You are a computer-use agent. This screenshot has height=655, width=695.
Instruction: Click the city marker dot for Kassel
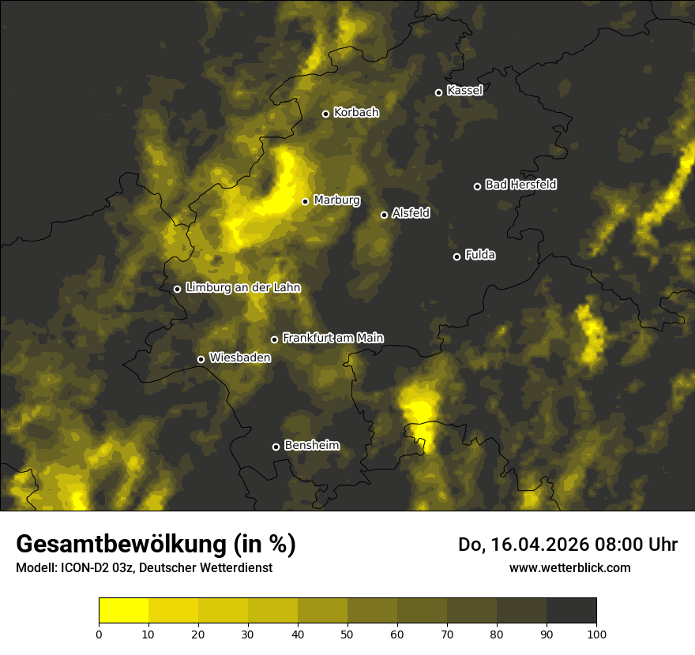click(x=438, y=92)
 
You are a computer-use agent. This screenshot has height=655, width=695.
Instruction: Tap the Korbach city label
click(x=356, y=113)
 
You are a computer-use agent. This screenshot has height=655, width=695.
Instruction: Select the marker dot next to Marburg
click(x=305, y=201)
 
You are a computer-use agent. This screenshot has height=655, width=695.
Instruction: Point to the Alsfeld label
click(x=411, y=213)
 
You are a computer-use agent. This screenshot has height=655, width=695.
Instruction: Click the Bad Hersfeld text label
click(x=520, y=185)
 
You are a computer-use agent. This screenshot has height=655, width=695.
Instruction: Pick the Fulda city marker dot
click(x=456, y=256)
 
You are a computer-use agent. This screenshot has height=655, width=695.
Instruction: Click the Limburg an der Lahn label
click(x=242, y=288)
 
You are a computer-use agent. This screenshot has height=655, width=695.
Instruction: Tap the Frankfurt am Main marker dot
click(x=275, y=339)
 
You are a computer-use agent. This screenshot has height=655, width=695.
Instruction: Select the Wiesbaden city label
click(x=239, y=357)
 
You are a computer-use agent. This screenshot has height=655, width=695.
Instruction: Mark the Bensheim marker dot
click(x=276, y=447)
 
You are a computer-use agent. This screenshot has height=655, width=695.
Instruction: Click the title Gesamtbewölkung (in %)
click(x=156, y=545)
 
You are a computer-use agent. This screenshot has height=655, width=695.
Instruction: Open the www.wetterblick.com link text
click(x=570, y=567)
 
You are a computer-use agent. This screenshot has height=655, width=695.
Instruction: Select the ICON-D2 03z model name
click(x=92, y=568)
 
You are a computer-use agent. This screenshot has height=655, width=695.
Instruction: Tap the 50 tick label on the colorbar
click(x=347, y=634)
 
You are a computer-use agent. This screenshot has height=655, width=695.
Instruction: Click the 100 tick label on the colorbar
click(x=596, y=634)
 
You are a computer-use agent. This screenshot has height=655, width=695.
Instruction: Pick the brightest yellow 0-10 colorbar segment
click(x=124, y=611)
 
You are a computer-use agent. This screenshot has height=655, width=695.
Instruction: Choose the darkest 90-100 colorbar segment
click(x=571, y=611)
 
